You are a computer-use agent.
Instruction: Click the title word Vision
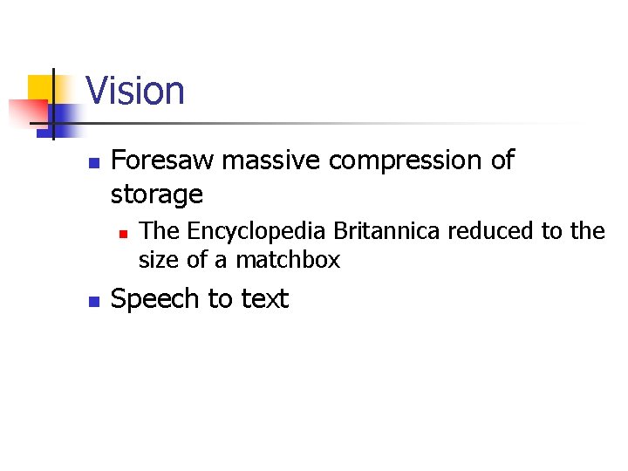[x=135, y=91]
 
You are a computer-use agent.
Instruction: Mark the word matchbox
[x=288, y=260]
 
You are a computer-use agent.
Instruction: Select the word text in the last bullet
[x=264, y=299]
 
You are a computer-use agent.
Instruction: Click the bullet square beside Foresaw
[x=93, y=163]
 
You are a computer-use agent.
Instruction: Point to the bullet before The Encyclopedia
[x=123, y=234]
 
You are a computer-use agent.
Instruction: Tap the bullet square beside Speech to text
[x=93, y=302]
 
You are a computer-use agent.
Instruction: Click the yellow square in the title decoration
[x=39, y=87]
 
